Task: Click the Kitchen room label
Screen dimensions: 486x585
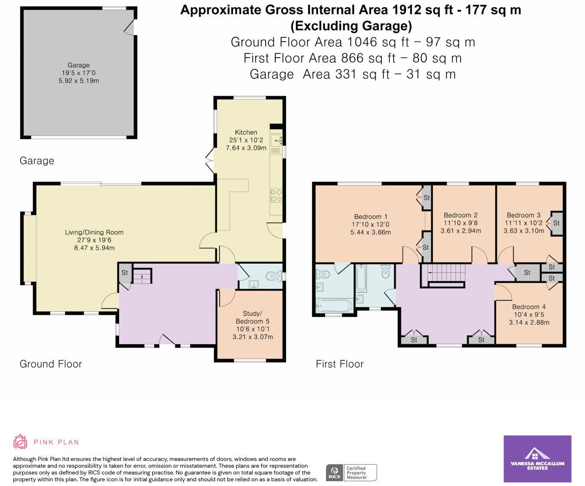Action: click(x=246, y=132)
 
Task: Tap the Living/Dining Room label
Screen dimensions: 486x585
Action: click(x=94, y=232)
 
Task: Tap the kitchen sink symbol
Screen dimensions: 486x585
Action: click(x=276, y=140)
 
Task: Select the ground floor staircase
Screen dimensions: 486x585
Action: click(x=142, y=276)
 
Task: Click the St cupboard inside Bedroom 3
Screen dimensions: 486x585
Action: click(x=556, y=223)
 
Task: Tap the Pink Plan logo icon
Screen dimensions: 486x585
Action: click(x=20, y=442)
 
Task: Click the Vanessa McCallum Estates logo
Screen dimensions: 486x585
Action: click(x=537, y=459)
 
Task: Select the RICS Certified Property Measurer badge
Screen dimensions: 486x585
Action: click(x=351, y=472)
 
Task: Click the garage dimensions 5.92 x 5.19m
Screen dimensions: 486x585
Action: click(x=78, y=81)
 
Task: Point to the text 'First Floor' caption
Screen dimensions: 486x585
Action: click(x=339, y=364)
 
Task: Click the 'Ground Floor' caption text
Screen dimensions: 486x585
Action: click(x=51, y=364)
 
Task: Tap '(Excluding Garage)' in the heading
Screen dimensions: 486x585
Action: click(x=351, y=26)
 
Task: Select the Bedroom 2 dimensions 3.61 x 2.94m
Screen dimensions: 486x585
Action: click(x=460, y=231)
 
